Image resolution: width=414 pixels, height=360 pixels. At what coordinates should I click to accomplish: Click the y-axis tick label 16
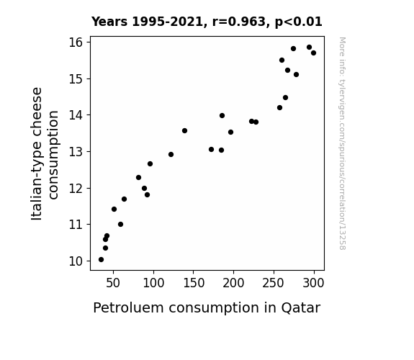(x=76, y=42)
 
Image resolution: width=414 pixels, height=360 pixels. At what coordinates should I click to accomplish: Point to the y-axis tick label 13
(x=76, y=152)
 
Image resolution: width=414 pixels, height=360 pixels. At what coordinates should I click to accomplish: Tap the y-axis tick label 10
(x=76, y=261)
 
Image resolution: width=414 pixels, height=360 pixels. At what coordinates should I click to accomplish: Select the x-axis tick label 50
(x=113, y=283)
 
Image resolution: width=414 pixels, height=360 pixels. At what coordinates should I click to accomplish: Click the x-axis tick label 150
(x=193, y=283)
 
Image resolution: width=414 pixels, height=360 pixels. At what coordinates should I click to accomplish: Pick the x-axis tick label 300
(x=313, y=283)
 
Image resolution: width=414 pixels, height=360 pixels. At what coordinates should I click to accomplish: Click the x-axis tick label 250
(x=274, y=283)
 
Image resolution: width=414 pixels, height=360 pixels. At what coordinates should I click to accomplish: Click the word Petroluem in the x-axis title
(x=128, y=307)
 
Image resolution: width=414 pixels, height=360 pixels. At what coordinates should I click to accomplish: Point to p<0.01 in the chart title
(x=299, y=22)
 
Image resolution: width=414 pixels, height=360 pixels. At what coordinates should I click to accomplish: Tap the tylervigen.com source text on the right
(x=342, y=143)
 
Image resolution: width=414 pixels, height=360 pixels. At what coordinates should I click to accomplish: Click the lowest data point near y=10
(x=101, y=260)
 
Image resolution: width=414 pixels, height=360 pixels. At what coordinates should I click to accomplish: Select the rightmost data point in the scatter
(x=313, y=53)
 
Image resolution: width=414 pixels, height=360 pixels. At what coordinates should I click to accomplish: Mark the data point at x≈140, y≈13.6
(x=184, y=131)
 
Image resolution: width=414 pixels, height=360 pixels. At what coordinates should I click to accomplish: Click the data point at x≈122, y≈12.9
(x=171, y=155)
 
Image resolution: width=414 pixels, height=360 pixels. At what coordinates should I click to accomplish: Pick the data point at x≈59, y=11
(x=120, y=224)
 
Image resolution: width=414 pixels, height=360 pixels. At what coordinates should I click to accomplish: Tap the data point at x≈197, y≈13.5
(x=230, y=132)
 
